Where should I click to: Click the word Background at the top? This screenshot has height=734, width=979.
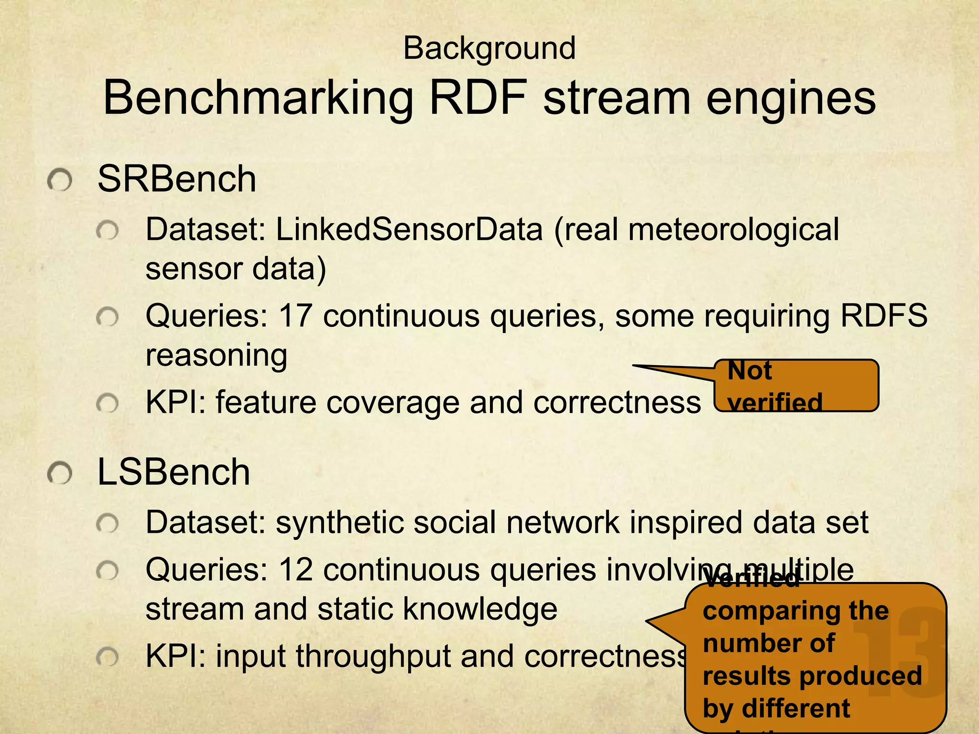tap(489, 49)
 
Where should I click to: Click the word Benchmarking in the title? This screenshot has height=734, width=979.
tap(258, 98)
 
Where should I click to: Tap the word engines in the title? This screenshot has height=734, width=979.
tap(791, 98)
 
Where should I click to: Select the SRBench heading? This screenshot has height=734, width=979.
tap(177, 179)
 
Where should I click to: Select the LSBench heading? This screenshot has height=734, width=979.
tap(174, 472)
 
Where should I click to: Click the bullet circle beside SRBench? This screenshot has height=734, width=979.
tap(60, 181)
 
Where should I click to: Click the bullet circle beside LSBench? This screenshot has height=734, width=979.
tap(60, 474)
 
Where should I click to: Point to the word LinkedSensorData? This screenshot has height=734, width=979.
tap(409, 229)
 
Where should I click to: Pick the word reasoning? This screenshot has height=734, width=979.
tap(216, 356)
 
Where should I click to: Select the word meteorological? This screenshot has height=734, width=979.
tap(733, 229)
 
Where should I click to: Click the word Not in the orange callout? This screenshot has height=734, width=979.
tap(749, 371)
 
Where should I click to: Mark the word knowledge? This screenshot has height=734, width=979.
tap(480, 609)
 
